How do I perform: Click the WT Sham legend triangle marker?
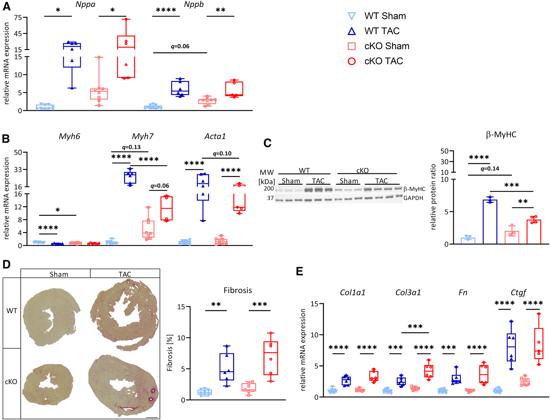[352, 16]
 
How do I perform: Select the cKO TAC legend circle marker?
[352, 61]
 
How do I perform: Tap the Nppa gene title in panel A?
[85, 5]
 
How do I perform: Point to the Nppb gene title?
[194, 5]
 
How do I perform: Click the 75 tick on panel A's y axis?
[18, 18]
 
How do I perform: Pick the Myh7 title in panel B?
[143, 136]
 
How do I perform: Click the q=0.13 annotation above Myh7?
[131, 147]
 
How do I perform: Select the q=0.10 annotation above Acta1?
[222, 153]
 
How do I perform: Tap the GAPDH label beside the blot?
[413, 198]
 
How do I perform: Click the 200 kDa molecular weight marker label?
[269, 188]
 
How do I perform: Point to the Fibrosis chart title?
[238, 290]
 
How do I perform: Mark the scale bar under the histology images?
[152, 417]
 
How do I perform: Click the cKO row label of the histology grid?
[11, 382]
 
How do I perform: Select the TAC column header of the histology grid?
[125, 274]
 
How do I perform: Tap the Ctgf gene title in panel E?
[518, 293]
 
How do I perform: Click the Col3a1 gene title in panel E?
[408, 293]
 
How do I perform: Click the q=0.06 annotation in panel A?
[180, 46]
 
